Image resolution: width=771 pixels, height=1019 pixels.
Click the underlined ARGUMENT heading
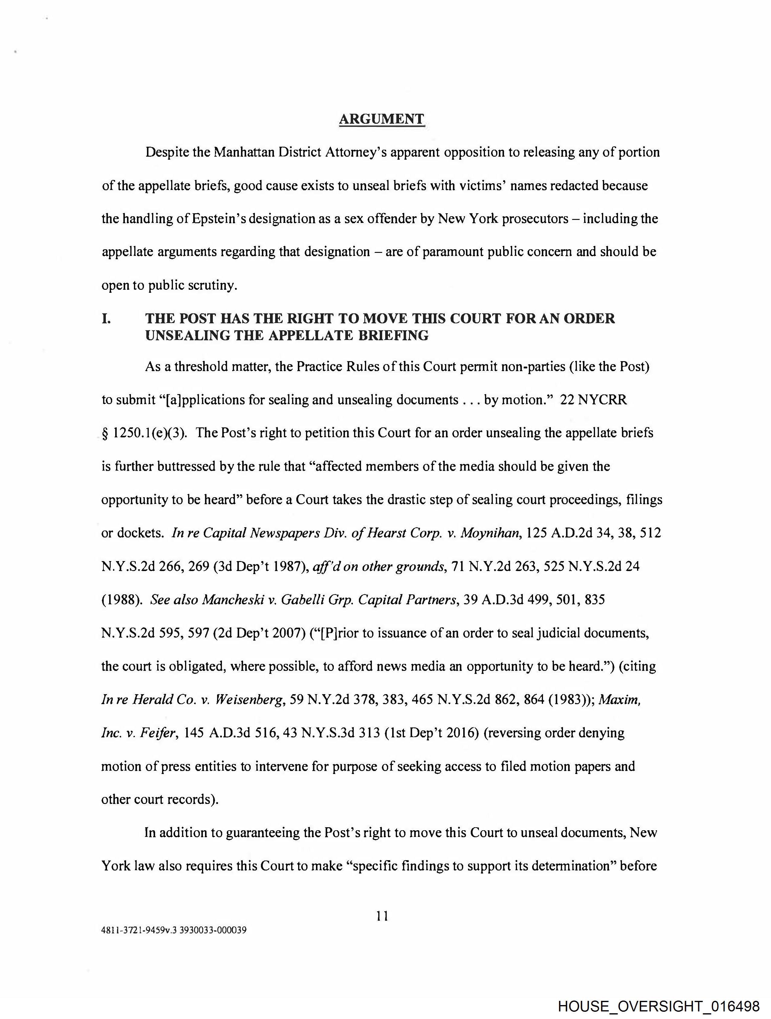(x=381, y=119)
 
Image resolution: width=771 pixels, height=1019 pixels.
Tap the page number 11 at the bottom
(x=382, y=916)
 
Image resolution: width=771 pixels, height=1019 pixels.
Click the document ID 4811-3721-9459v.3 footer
(x=174, y=930)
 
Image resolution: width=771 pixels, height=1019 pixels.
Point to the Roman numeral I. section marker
(x=106, y=319)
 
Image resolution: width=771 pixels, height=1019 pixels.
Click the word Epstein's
(x=214, y=219)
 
